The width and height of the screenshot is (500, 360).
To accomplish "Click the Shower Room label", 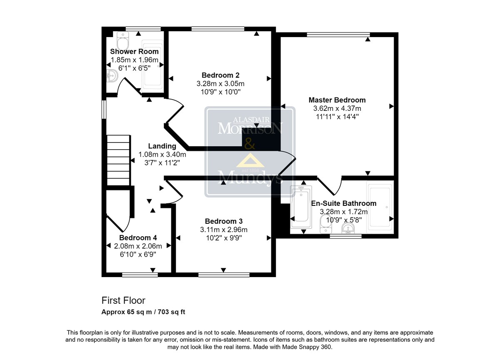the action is coord(134,51).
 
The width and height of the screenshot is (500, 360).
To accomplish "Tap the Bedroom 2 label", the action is coord(220,75).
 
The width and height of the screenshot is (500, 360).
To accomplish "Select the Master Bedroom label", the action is coord(337,100).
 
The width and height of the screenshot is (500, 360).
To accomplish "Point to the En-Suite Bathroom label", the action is coord(344,203).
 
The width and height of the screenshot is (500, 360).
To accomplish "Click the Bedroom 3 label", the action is coord(224,221).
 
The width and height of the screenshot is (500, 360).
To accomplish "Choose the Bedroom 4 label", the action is coord(138,237).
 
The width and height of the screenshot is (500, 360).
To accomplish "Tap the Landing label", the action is coord(162,146).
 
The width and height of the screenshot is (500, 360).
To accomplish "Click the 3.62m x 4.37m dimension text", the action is coord(337,108).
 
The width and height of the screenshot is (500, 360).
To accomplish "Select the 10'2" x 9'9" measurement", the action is coord(224,238).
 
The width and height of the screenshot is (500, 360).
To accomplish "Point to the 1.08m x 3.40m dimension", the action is coord(162,154).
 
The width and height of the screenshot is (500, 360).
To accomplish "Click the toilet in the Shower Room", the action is coord(123,40).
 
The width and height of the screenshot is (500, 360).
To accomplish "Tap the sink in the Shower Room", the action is coord(112,76).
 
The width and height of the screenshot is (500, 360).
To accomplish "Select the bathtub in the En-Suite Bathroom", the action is coord(301,207).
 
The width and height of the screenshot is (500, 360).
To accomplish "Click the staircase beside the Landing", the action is coord(118,160).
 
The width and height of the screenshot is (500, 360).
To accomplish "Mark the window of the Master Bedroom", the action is coord(338,34).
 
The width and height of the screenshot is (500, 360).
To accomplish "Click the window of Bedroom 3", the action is coord(224,275).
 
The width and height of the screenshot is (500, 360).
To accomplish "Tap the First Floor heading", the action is coord(123,300).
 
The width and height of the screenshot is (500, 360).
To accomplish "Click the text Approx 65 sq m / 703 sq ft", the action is coord(143,312).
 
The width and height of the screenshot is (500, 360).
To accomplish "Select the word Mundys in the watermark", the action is coord(250,177).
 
